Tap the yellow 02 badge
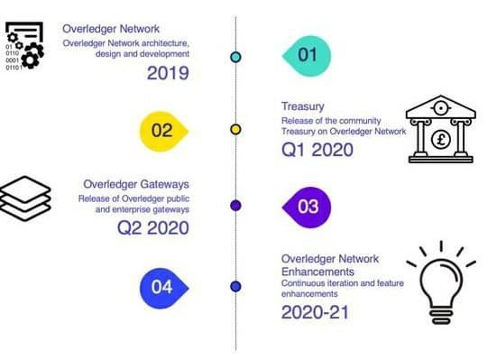(161, 130)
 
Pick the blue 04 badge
(161, 287)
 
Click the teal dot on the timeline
(235, 57)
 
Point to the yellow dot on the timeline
(235, 130)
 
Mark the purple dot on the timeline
(235, 206)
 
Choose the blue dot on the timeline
(235, 286)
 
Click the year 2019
(168, 73)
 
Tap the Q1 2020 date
(318, 150)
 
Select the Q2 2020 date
(152, 227)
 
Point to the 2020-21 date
(314, 313)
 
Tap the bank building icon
(439, 130)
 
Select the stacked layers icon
(28, 198)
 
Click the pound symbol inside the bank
(440, 140)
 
